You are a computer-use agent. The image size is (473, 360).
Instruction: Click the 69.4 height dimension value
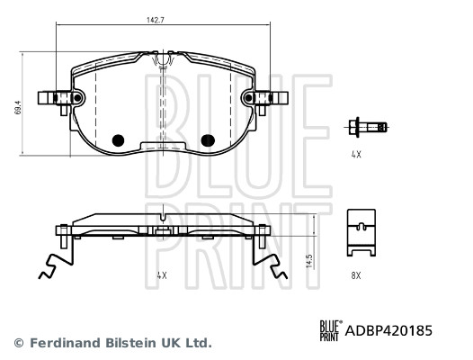(15, 108)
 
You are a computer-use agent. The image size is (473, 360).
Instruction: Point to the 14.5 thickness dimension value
(309, 260)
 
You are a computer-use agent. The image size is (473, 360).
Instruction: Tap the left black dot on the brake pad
(116, 140)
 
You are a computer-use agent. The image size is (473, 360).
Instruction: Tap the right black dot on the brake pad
(208, 140)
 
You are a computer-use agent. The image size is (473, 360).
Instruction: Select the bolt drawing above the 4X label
(367, 127)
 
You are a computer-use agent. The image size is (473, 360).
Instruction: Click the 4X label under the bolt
(355, 155)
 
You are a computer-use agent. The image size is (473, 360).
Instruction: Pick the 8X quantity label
(355, 276)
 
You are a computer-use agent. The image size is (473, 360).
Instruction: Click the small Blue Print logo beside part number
(330, 330)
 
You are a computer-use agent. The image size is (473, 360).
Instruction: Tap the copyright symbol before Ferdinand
(18, 343)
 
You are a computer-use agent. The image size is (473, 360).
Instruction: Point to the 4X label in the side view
(161, 276)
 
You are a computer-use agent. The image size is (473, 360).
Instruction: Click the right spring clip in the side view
(270, 261)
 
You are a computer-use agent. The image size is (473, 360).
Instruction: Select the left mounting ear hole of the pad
(76, 97)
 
